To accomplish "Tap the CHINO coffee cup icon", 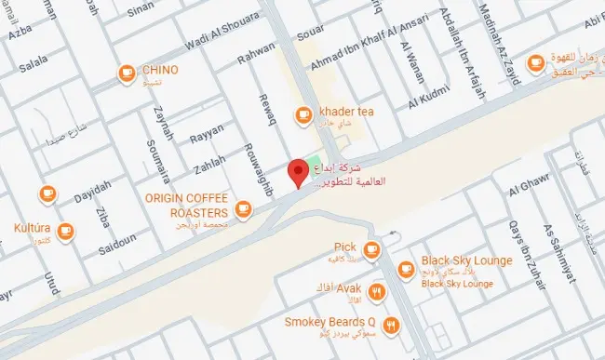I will [126, 72].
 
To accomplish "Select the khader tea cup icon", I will [302, 114].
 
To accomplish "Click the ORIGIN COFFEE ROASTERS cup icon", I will [244, 208].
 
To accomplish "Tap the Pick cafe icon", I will [371, 249].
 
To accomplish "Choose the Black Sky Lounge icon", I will [406, 269].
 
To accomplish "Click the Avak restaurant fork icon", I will [376, 292].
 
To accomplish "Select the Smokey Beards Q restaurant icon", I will [391, 325].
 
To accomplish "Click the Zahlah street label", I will [208, 165].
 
